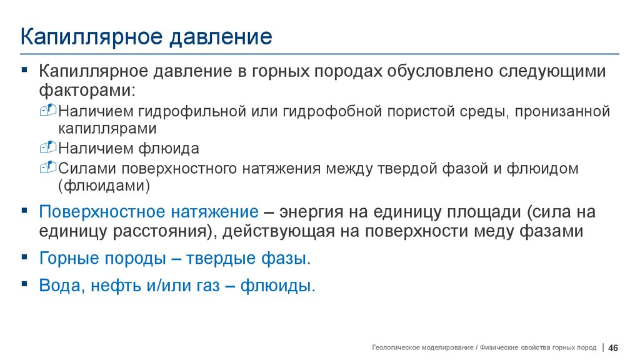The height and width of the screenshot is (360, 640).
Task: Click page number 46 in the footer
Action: (x=613, y=347)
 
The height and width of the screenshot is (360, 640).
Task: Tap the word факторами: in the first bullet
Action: (x=87, y=90)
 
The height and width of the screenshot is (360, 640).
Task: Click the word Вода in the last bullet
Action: (x=60, y=286)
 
